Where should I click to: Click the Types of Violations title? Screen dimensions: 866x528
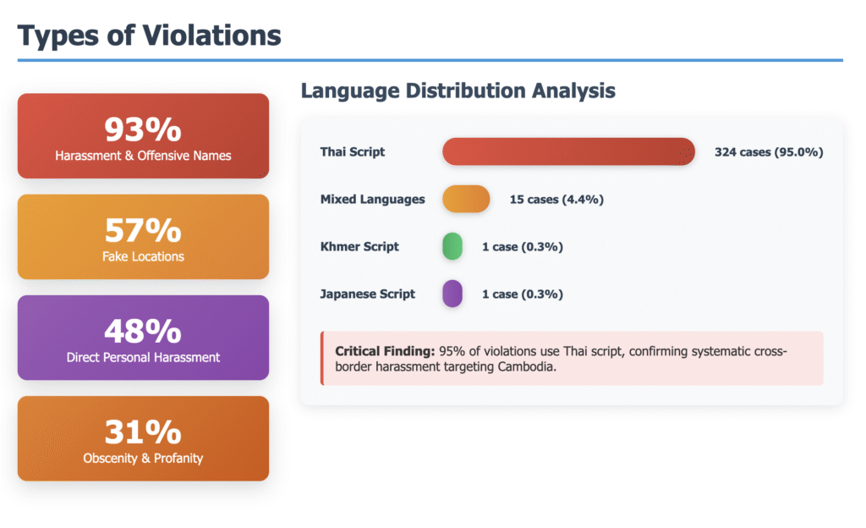(x=149, y=36)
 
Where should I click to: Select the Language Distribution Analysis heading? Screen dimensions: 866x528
(x=458, y=91)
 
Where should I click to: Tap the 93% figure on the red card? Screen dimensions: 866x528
(x=143, y=129)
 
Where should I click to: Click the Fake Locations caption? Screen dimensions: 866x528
(x=143, y=256)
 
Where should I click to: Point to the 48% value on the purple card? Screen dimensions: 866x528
(x=143, y=331)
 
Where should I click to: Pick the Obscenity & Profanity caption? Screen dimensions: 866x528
(x=143, y=459)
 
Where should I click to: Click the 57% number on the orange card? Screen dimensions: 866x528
(x=143, y=230)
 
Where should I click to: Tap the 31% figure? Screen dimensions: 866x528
(x=143, y=432)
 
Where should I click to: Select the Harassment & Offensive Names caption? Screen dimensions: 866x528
(x=143, y=156)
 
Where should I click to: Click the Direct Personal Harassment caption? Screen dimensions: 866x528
(x=143, y=357)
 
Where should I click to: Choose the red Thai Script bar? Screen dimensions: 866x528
(x=568, y=151)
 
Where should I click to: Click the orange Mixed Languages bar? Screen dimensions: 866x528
(x=466, y=199)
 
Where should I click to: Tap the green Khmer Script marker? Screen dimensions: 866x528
(x=452, y=246)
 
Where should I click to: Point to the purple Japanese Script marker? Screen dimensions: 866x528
(x=452, y=294)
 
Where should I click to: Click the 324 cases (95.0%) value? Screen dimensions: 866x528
(x=769, y=151)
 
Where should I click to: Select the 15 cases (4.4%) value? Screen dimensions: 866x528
(x=556, y=200)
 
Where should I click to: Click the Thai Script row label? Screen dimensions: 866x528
(x=353, y=151)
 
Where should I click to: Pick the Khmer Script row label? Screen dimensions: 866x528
(x=359, y=246)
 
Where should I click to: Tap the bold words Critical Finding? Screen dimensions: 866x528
(x=385, y=351)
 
